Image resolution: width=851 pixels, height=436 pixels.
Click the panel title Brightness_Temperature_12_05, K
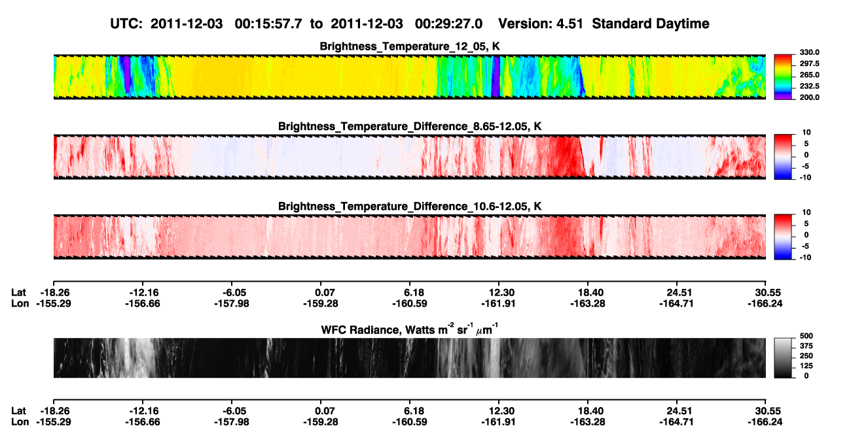[410, 46]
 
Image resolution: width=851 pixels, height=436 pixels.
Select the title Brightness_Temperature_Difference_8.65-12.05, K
[410, 126]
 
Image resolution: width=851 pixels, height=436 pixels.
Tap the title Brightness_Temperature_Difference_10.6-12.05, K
[410, 207]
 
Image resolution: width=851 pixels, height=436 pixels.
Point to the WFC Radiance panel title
[410, 329]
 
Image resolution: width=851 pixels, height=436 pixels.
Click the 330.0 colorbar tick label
[809, 52]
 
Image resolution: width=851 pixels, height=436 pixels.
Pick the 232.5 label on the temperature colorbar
[809, 86]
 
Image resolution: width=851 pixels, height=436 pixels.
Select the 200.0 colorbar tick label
[809, 97]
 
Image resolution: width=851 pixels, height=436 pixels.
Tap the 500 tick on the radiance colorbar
[806, 336]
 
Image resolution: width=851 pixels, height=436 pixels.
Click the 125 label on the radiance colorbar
[806, 366]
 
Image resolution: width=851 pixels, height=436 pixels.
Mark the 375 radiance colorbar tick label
[806, 346]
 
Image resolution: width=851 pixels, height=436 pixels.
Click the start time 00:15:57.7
[268, 24]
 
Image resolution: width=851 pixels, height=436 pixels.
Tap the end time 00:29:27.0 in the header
[448, 24]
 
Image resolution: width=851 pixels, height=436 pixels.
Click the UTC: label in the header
[126, 24]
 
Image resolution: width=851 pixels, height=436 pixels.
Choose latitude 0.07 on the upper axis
[325, 293]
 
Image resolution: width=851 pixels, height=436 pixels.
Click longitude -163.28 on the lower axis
[588, 422]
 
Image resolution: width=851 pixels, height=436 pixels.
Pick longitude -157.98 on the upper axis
[232, 303]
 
